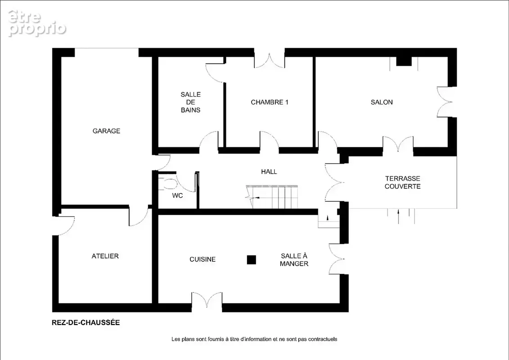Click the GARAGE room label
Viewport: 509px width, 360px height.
point(107,131)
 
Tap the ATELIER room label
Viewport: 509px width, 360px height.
point(105,256)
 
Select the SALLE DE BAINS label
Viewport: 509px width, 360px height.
point(190,102)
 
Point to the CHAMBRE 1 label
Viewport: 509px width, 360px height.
point(270,102)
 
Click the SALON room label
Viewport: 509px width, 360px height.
point(382,102)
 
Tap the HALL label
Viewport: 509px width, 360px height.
point(269,172)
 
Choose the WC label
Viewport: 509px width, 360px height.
point(177,195)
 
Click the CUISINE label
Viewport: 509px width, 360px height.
point(203,259)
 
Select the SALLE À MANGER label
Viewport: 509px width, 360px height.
point(294,260)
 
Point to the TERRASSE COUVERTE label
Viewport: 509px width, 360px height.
point(402,182)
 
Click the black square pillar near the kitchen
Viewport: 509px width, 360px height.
point(251,260)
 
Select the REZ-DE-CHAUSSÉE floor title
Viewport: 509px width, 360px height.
point(86,323)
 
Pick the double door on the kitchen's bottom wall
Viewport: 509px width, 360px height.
point(207,299)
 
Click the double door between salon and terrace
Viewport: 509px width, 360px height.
point(398,144)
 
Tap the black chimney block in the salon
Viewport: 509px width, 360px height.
point(404,61)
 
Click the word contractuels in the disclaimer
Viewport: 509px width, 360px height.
point(323,339)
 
